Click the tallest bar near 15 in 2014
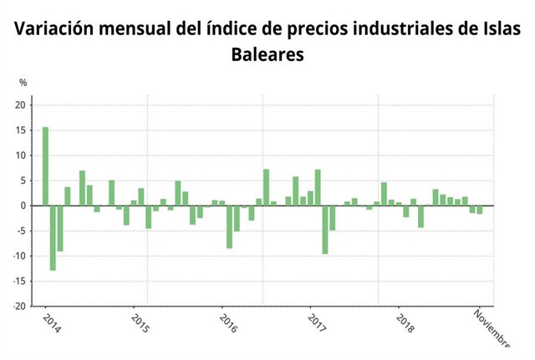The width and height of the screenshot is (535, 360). (45, 166)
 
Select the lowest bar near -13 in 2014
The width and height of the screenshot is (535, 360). (53, 238)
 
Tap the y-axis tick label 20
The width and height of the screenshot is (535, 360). (21, 105)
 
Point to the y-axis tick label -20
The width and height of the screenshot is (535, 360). (19, 307)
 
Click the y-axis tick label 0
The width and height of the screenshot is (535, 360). (23, 205)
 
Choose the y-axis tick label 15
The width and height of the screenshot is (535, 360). (21, 130)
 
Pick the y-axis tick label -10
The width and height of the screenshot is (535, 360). (19, 256)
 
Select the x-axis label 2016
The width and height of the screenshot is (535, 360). (227, 324)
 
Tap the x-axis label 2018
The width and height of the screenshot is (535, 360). (405, 324)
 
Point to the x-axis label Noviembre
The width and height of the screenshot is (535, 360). (492, 329)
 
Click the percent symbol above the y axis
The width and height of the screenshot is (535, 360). (23, 83)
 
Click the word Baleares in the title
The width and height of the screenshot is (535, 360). (267, 55)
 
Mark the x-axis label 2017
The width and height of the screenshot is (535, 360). (316, 324)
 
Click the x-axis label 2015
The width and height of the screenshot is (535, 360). (140, 324)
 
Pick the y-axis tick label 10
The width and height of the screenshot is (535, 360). (21, 155)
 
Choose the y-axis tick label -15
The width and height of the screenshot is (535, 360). (19, 281)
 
